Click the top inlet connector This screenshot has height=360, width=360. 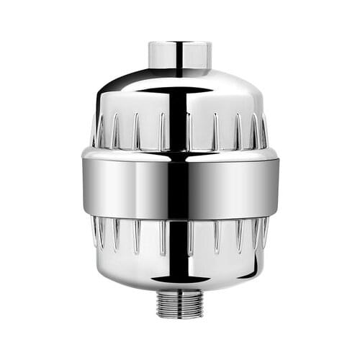tap(179, 56)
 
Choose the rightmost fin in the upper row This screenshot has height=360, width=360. tap(264, 134)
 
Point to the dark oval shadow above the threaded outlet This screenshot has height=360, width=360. tap(180, 284)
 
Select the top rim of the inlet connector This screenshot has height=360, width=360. tap(179, 44)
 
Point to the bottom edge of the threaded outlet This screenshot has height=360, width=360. tap(180, 315)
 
